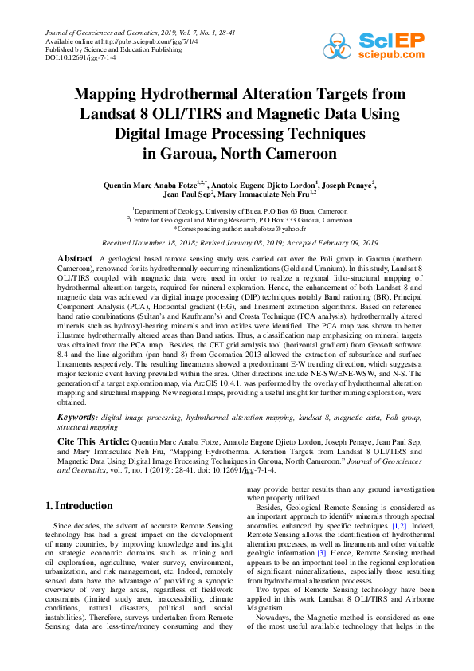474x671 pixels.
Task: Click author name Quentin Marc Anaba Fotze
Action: point(144,185)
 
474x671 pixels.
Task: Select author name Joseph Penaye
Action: point(348,185)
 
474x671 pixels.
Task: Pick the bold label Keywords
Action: point(77,417)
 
